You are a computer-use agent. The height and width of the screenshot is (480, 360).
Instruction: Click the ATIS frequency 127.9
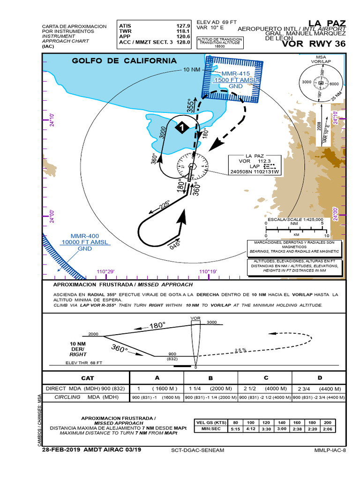click(x=182, y=26)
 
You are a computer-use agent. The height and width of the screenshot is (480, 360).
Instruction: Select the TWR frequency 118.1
click(x=182, y=31)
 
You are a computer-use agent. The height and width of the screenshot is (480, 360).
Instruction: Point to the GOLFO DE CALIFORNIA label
click(x=124, y=61)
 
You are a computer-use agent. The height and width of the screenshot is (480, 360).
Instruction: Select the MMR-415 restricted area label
click(x=229, y=74)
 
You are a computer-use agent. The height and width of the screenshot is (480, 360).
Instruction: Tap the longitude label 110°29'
click(x=105, y=272)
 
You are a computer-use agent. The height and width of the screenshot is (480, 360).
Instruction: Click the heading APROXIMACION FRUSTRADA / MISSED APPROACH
click(x=123, y=285)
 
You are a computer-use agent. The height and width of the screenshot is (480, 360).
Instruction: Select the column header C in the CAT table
click(x=265, y=378)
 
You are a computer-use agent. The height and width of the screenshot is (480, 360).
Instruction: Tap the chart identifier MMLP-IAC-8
click(x=330, y=450)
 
